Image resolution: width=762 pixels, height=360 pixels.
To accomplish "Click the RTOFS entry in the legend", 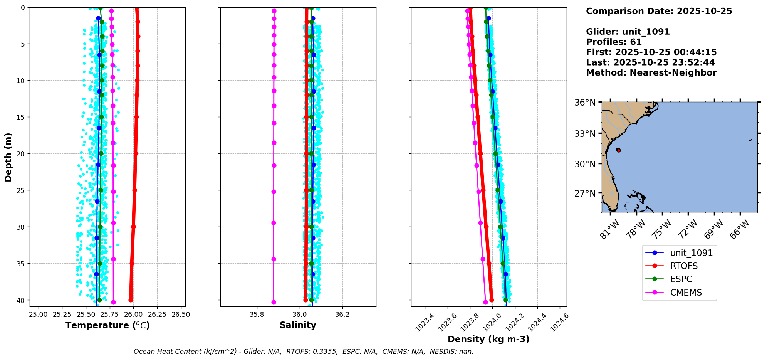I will [x=684, y=266].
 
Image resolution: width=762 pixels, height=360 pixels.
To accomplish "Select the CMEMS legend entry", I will [x=686, y=293].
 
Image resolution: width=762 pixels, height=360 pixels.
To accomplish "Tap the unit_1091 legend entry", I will [x=691, y=253].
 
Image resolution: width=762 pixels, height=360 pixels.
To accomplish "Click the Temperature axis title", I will [x=107, y=325].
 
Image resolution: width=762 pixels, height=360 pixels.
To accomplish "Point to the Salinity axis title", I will [x=298, y=325].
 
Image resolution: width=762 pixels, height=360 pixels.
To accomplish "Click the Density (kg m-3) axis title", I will [x=488, y=339].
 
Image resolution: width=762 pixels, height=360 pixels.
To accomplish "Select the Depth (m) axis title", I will [x=8, y=157].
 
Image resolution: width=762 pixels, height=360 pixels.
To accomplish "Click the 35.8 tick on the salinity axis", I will [x=257, y=315].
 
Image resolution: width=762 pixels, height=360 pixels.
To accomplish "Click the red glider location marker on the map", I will [x=618, y=150].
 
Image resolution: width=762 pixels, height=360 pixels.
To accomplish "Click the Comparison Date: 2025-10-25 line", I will [x=659, y=11].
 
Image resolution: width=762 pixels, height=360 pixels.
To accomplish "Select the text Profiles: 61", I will [x=614, y=42].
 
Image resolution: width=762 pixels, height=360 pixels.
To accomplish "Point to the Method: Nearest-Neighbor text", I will [x=651, y=73].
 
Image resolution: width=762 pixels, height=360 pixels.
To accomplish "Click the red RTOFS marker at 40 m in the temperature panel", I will [x=131, y=300].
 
